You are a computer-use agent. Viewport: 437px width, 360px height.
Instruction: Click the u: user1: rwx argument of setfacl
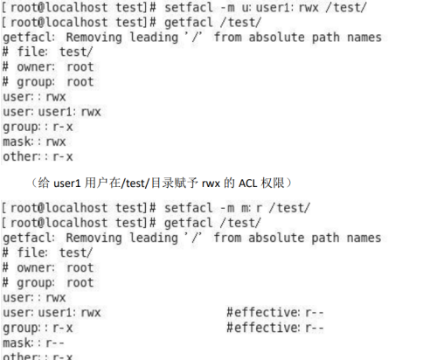[280, 8]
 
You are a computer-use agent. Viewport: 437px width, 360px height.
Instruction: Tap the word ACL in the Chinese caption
[247, 183]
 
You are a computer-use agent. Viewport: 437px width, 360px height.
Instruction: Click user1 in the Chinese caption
[66, 183]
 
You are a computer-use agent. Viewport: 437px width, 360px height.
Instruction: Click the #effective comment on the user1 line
[275, 313]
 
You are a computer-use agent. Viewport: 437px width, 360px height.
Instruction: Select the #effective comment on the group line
[275, 328]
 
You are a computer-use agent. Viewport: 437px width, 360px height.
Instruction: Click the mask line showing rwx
[34, 142]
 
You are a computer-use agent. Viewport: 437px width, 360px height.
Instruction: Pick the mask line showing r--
[33, 343]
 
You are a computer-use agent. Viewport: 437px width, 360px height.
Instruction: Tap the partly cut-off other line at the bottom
[38, 357]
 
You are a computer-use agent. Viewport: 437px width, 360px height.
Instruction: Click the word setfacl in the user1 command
[189, 8]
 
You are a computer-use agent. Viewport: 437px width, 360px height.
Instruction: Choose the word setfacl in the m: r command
[189, 208]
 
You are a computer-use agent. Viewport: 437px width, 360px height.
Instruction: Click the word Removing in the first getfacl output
[94, 38]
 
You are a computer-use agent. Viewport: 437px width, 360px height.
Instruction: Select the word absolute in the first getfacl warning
[276, 38]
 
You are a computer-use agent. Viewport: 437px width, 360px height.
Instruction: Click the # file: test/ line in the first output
[47, 52]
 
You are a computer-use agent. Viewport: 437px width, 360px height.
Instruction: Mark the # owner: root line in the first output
[48, 67]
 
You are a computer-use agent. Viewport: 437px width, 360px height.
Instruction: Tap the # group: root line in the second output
[48, 283]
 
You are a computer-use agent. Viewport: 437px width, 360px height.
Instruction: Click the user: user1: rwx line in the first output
[52, 112]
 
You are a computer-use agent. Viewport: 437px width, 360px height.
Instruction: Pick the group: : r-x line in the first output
[38, 128]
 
